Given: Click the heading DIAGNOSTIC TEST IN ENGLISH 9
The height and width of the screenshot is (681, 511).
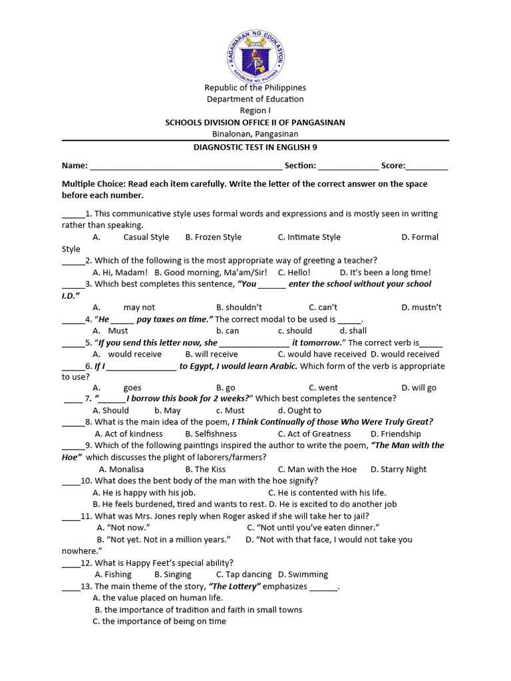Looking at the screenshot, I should pos(255,148).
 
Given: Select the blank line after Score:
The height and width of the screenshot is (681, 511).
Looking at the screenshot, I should pos(426,166).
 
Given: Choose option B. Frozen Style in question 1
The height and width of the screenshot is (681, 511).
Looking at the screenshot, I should pos(213,237).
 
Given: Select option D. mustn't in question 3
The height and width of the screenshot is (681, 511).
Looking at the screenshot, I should pos(421,307).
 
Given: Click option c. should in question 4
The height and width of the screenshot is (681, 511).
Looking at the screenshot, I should pos(295,331).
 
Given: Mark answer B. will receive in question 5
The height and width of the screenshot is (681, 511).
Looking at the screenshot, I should pos(211,354).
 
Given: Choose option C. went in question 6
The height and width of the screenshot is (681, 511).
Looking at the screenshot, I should pos(323,388).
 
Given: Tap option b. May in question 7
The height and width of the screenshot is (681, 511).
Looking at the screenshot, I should pos(167,411).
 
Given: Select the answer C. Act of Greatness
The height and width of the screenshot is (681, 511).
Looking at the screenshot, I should pos(314,434).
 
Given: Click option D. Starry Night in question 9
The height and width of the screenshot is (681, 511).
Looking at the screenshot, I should pos(399,470).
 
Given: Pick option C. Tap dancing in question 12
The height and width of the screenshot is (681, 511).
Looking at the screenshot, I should pos(244,575).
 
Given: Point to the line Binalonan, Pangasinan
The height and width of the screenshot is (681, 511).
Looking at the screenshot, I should pos(255,134).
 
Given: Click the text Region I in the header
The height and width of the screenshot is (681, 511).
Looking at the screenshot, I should pos(255,110).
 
